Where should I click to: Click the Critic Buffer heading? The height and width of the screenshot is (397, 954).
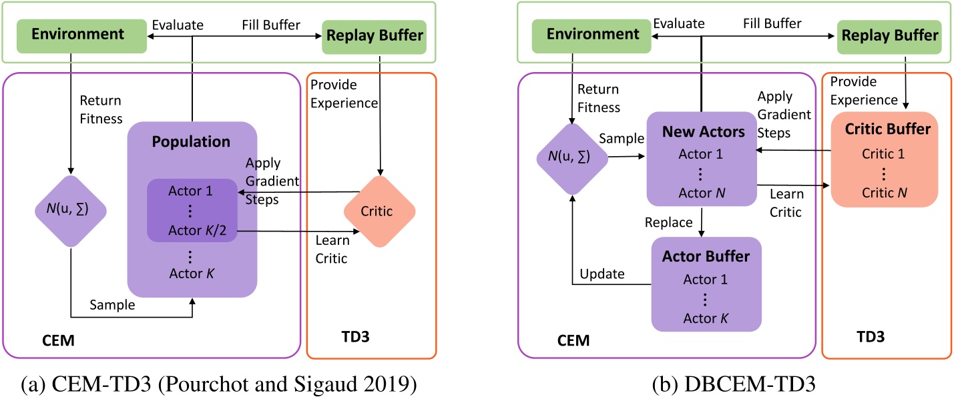pos(880,129)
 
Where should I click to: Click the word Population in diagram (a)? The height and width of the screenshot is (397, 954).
pos(191,141)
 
